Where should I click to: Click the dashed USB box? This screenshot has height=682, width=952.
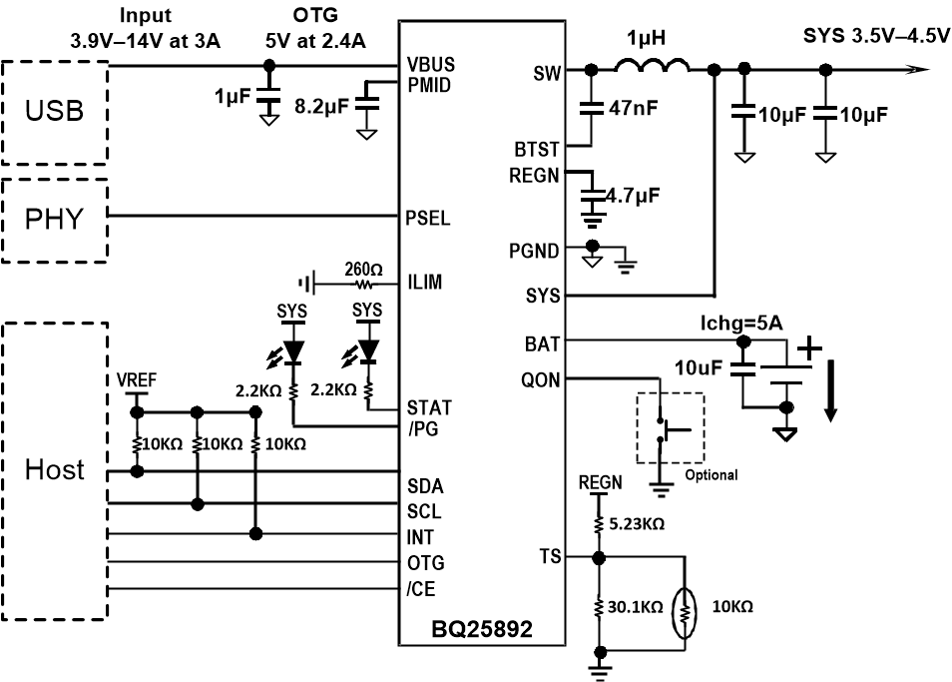[x=55, y=112]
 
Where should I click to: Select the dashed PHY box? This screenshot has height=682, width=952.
[x=55, y=220]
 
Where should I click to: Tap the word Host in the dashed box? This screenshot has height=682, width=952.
[x=55, y=469]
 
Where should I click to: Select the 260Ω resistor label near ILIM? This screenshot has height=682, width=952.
[x=363, y=270]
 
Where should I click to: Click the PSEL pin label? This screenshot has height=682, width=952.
[x=428, y=218]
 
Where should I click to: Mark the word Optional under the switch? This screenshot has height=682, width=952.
[x=712, y=475]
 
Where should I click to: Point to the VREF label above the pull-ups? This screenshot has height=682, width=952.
[x=137, y=381]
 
